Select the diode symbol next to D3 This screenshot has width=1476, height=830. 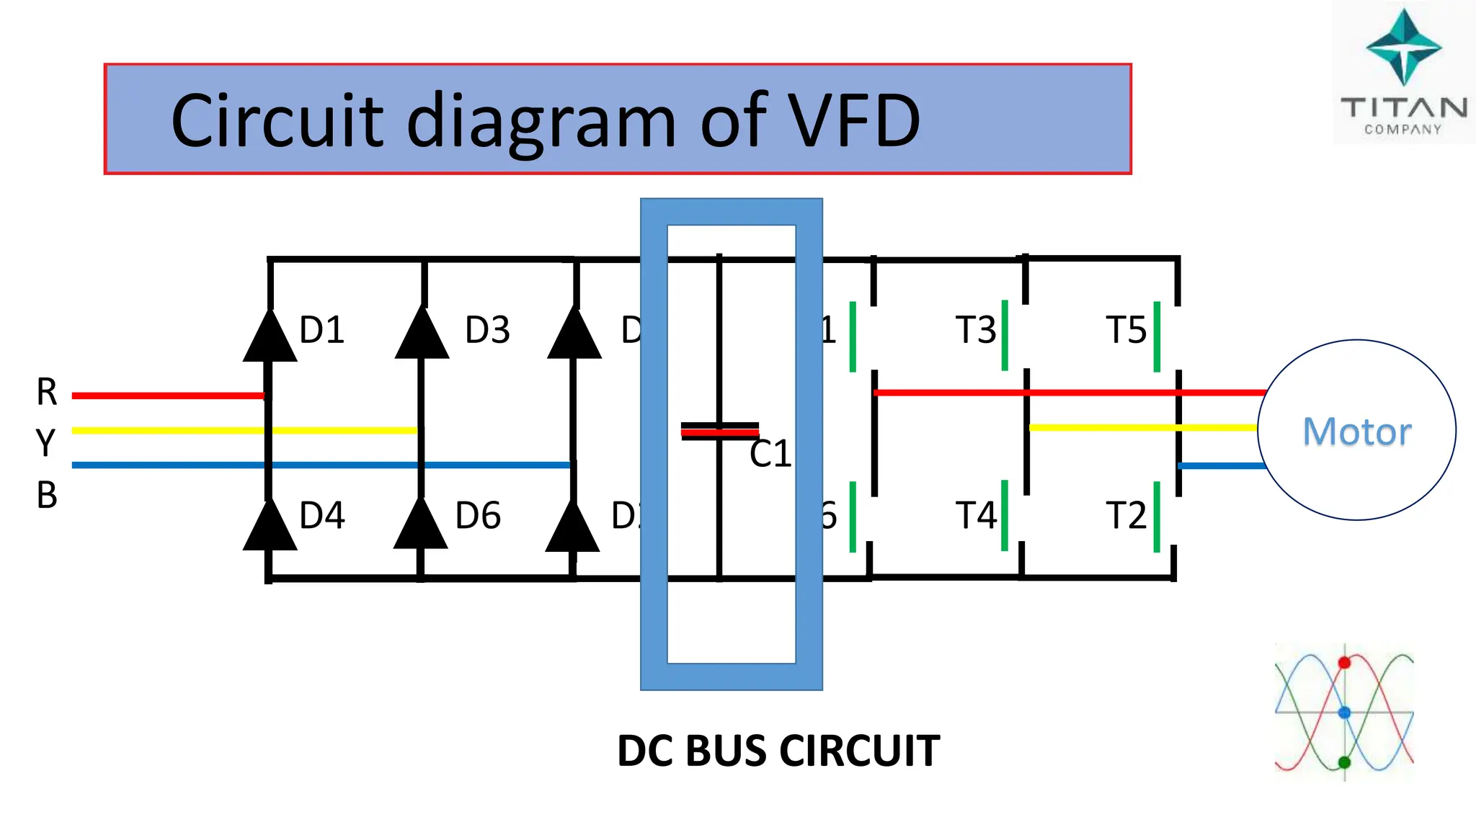click(x=422, y=336)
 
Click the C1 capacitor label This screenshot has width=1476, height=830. click(x=770, y=455)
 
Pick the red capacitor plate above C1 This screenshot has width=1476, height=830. click(x=719, y=432)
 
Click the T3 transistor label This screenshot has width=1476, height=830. click(x=975, y=330)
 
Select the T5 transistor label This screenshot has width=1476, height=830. click(x=1126, y=330)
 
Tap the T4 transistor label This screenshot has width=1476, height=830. click(x=975, y=516)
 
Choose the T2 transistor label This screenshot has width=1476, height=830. click(x=1126, y=516)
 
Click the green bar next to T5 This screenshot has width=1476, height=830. click(x=1157, y=336)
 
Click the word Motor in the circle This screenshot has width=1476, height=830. click(x=1356, y=432)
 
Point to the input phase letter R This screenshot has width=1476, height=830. click(x=47, y=393)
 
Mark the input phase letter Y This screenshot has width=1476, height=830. click(x=45, y=442)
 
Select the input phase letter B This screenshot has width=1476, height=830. click(x=47, y=496)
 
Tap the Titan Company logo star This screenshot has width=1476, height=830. click(x=1403, y=48)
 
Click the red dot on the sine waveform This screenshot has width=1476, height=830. click(x=1344, y=663)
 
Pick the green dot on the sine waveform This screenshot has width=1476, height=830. click(x=1344, y=762)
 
